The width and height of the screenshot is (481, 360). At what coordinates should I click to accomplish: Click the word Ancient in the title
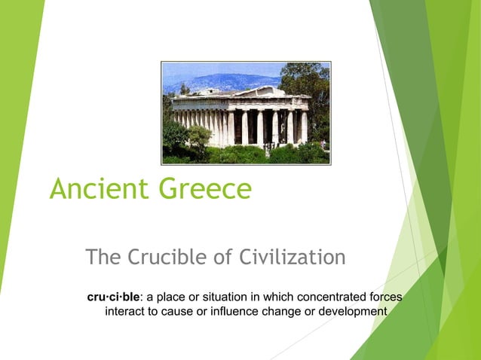click(x=97, y=188)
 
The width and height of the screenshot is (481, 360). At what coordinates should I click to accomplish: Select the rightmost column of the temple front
click(x=304, y=126)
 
